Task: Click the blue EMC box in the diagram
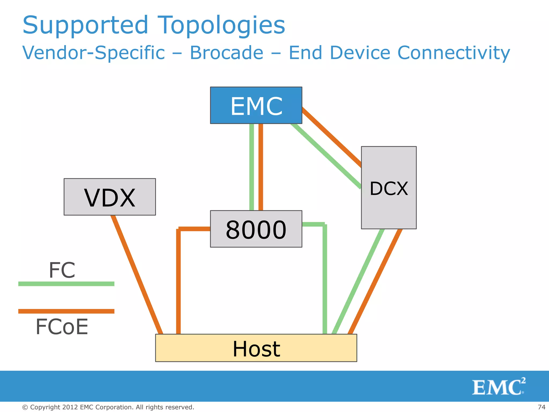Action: click(256, 105)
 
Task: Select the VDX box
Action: click(110, 197)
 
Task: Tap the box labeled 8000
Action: click(256, 229)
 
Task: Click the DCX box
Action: click(389, 188)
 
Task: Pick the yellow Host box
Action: click(256, 348)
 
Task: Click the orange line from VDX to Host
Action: click(137, 275)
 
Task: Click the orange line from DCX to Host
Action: click(375, 282)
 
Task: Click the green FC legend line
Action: click(66, 284)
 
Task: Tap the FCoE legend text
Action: click(62, 327)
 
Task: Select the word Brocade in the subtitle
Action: click(227, 53)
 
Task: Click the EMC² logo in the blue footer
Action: click(498, 387)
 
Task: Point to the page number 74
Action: click(541, 407)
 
